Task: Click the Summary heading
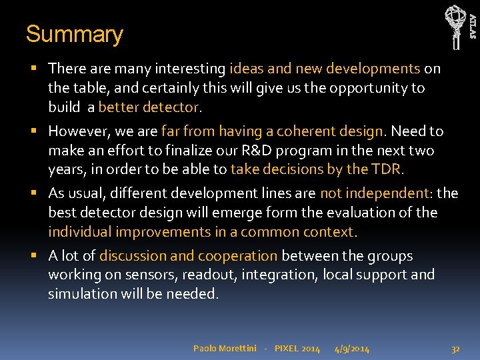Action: pos(74,35)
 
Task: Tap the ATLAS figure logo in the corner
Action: pos(455,26)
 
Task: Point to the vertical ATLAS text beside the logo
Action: pos(473,26)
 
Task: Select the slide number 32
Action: pos(456,349)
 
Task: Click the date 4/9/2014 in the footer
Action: pos(352,349)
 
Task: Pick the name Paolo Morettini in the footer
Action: pos(224,349)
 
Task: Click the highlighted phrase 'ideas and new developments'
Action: pos(325,69)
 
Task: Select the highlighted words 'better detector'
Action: pos(149,107)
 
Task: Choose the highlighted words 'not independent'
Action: pos(375,193)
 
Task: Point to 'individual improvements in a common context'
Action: pos(202,231)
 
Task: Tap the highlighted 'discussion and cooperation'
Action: pos(189,256)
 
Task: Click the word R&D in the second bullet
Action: pos(253,150)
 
